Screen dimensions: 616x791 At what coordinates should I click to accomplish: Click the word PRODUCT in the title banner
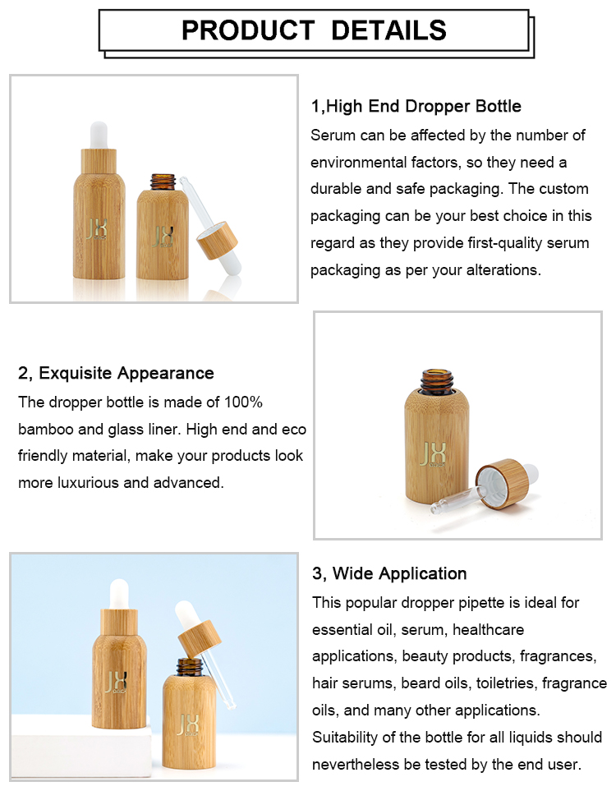click(248, 30)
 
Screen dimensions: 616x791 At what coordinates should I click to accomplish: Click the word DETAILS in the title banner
click(389, 30)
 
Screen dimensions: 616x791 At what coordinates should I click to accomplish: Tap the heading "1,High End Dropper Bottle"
click(416, 106)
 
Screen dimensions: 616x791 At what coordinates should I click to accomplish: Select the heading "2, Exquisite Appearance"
click(116, 373)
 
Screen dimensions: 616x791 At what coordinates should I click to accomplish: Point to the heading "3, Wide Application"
click(389, 573)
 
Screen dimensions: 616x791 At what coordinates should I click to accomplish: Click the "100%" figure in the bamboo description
click(243, 402)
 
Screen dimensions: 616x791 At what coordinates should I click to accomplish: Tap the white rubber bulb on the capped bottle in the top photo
click(99, 136)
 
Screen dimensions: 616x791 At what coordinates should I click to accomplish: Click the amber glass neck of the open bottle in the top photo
click(163, 182)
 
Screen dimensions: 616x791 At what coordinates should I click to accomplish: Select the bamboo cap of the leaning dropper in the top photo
click(217, 240)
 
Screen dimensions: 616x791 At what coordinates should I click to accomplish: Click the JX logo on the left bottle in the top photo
click(96, 229)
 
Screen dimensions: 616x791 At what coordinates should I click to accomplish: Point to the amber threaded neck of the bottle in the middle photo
click(437, 381)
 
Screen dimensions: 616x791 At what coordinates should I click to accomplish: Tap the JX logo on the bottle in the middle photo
click(432, 454)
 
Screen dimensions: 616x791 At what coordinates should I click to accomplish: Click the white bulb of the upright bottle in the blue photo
click(119, 594)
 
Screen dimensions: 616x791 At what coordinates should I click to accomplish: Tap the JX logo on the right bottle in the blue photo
click(188, 725)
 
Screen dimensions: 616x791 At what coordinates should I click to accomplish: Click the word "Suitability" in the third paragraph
click(345, 738)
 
